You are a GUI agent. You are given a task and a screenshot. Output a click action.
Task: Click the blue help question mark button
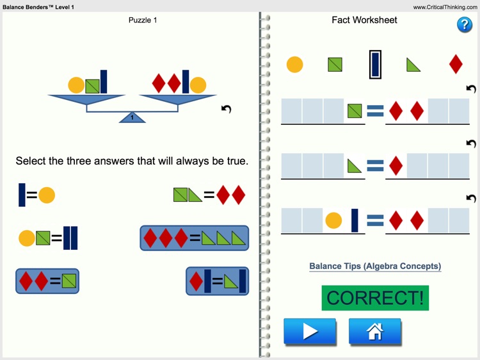[x=464, y=24]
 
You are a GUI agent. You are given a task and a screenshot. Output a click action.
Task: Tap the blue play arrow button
[x=310, y=331]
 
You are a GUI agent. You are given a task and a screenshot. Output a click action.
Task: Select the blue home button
[x=375, y=331]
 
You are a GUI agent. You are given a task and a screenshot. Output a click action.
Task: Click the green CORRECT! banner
[x=375, y=298]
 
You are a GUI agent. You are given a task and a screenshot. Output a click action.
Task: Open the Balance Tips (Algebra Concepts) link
[x=375, y=266]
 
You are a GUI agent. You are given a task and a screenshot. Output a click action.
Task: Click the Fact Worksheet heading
[x=364, y=20]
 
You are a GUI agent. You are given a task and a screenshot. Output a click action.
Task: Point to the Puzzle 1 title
[x=143, y=20]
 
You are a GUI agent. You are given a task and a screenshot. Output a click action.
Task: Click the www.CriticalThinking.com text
[x=445, y=7]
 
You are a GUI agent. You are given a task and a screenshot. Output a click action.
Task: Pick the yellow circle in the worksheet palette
[x=294, y=64]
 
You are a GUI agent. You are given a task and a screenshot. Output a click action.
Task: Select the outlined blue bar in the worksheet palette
[x=376, y=64]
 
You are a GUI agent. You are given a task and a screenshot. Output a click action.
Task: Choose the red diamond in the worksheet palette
[x=456, y=64]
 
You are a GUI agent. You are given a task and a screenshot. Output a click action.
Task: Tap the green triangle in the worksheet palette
[x=413, y=65]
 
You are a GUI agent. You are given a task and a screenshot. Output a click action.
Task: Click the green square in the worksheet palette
[x=335, y=64]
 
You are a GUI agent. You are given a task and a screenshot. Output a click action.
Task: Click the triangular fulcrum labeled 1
[x=132, y=117]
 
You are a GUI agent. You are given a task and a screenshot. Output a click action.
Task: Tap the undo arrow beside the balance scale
[x=226, y=109]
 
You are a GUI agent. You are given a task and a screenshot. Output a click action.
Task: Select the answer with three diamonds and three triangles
[x=194, y=238]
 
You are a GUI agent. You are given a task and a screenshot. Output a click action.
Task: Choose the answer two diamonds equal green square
[x=47, y=281]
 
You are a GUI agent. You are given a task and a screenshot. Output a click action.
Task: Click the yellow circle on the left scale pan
[x=76, y=85]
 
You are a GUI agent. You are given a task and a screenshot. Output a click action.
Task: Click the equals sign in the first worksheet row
[x=375, y=111]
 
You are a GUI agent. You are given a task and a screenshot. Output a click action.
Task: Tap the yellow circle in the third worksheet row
[x=333, y=220]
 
